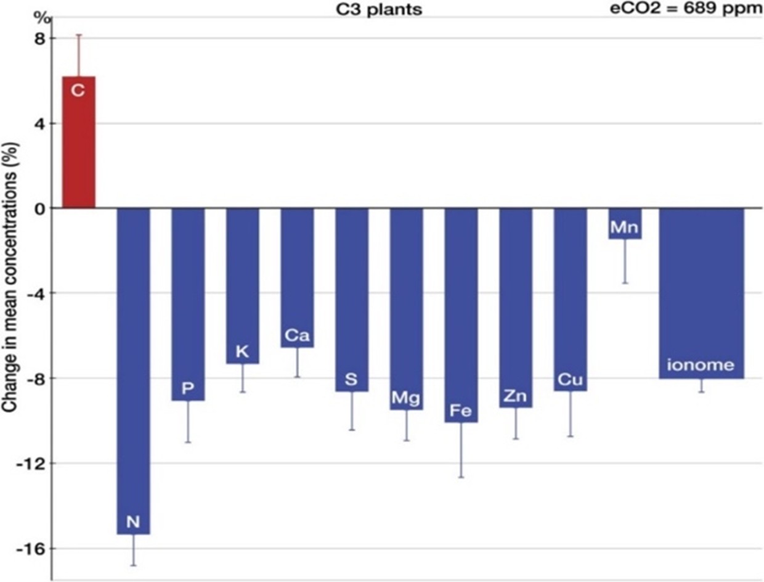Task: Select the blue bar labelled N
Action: pyautogui.click(x=133, y=370)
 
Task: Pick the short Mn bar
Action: pyautogui.click(x=624, y=223)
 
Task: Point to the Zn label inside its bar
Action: pyautogui.click(x=515, y=396)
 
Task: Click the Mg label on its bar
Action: pyautogui.click(x=406, y=398)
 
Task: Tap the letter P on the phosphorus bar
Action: pyautogui.click(x=188, y=388)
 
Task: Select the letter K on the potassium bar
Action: pyautogui.click(x=242, y=352)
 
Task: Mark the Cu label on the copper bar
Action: pyautogui.click(x=570, y=380)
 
